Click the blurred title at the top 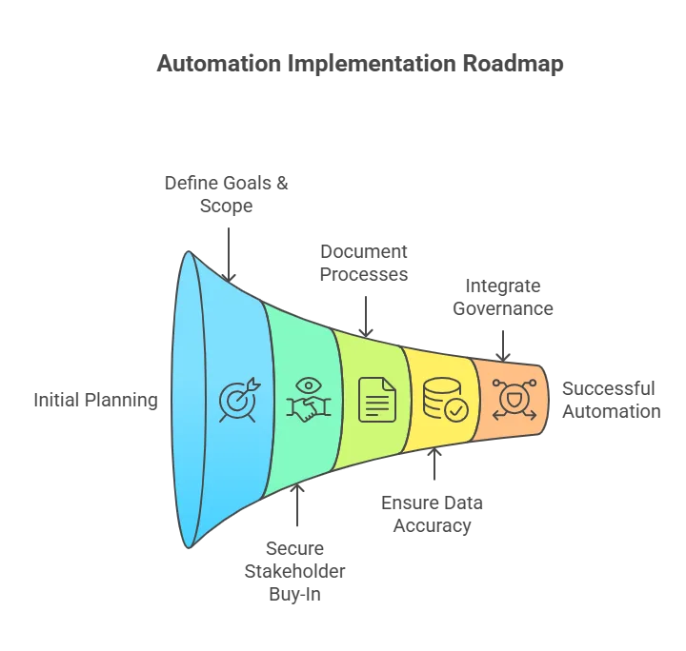[x=356, y=66]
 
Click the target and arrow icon [x=237, y=400]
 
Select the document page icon [x=376, y=400]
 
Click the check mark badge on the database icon [x=456, y=410]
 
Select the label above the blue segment [x=227, y=193]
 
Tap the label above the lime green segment [x=365, y=263]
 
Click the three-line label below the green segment [x=295, y=570]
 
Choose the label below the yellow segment [x=434, y=513]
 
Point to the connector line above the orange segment [x=503, y=343]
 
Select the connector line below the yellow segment [x=434, y=468]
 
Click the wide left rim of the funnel [x=187, y=400]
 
